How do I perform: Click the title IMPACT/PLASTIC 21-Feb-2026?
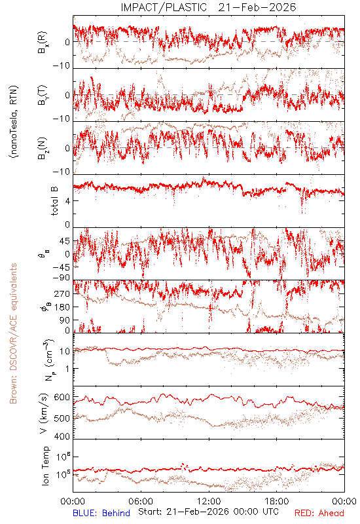[208, 7]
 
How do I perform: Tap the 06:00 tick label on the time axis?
[141, 501]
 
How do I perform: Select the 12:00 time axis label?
[209, 501]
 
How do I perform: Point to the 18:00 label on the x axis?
[277, 501]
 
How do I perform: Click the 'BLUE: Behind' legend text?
[101, 513]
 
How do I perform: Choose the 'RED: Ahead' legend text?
[319, 513]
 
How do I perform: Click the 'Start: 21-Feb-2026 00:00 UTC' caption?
[208, 512]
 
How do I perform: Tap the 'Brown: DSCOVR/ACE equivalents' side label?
[13, 333]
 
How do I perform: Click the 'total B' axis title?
[54, 200]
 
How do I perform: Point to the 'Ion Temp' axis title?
[45, 466]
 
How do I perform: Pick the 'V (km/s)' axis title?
[44, 413]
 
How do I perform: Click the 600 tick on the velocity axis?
[62, 397]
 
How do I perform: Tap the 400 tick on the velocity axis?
[62, 436]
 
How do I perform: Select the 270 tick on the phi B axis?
[62, 293]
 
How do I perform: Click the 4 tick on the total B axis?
[67, 201]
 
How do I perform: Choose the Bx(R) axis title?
[43, 42]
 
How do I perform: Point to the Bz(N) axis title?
[43, 148]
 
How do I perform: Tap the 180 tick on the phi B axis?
[62, 307]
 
